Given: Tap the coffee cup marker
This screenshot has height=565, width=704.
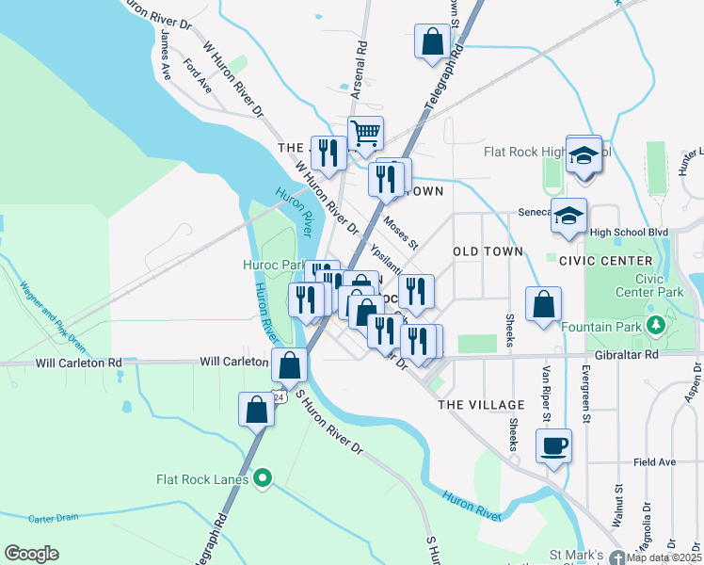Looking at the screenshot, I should pos(553,444).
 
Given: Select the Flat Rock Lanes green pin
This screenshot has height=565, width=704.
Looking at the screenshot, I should pos(264,479).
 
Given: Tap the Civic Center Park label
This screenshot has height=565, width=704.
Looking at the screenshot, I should pos(657,285).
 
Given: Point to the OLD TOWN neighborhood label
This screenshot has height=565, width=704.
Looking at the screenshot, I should pos(487,252).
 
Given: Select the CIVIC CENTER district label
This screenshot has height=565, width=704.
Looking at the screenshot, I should pos(605,260).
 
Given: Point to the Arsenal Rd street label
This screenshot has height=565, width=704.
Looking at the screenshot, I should pos(359,70).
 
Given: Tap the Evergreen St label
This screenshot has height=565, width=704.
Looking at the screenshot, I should pos(585,389).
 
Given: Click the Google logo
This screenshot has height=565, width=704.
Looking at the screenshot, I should pos(31,554).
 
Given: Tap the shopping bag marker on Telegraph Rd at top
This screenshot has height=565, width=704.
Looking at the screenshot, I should pos(433,41).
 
